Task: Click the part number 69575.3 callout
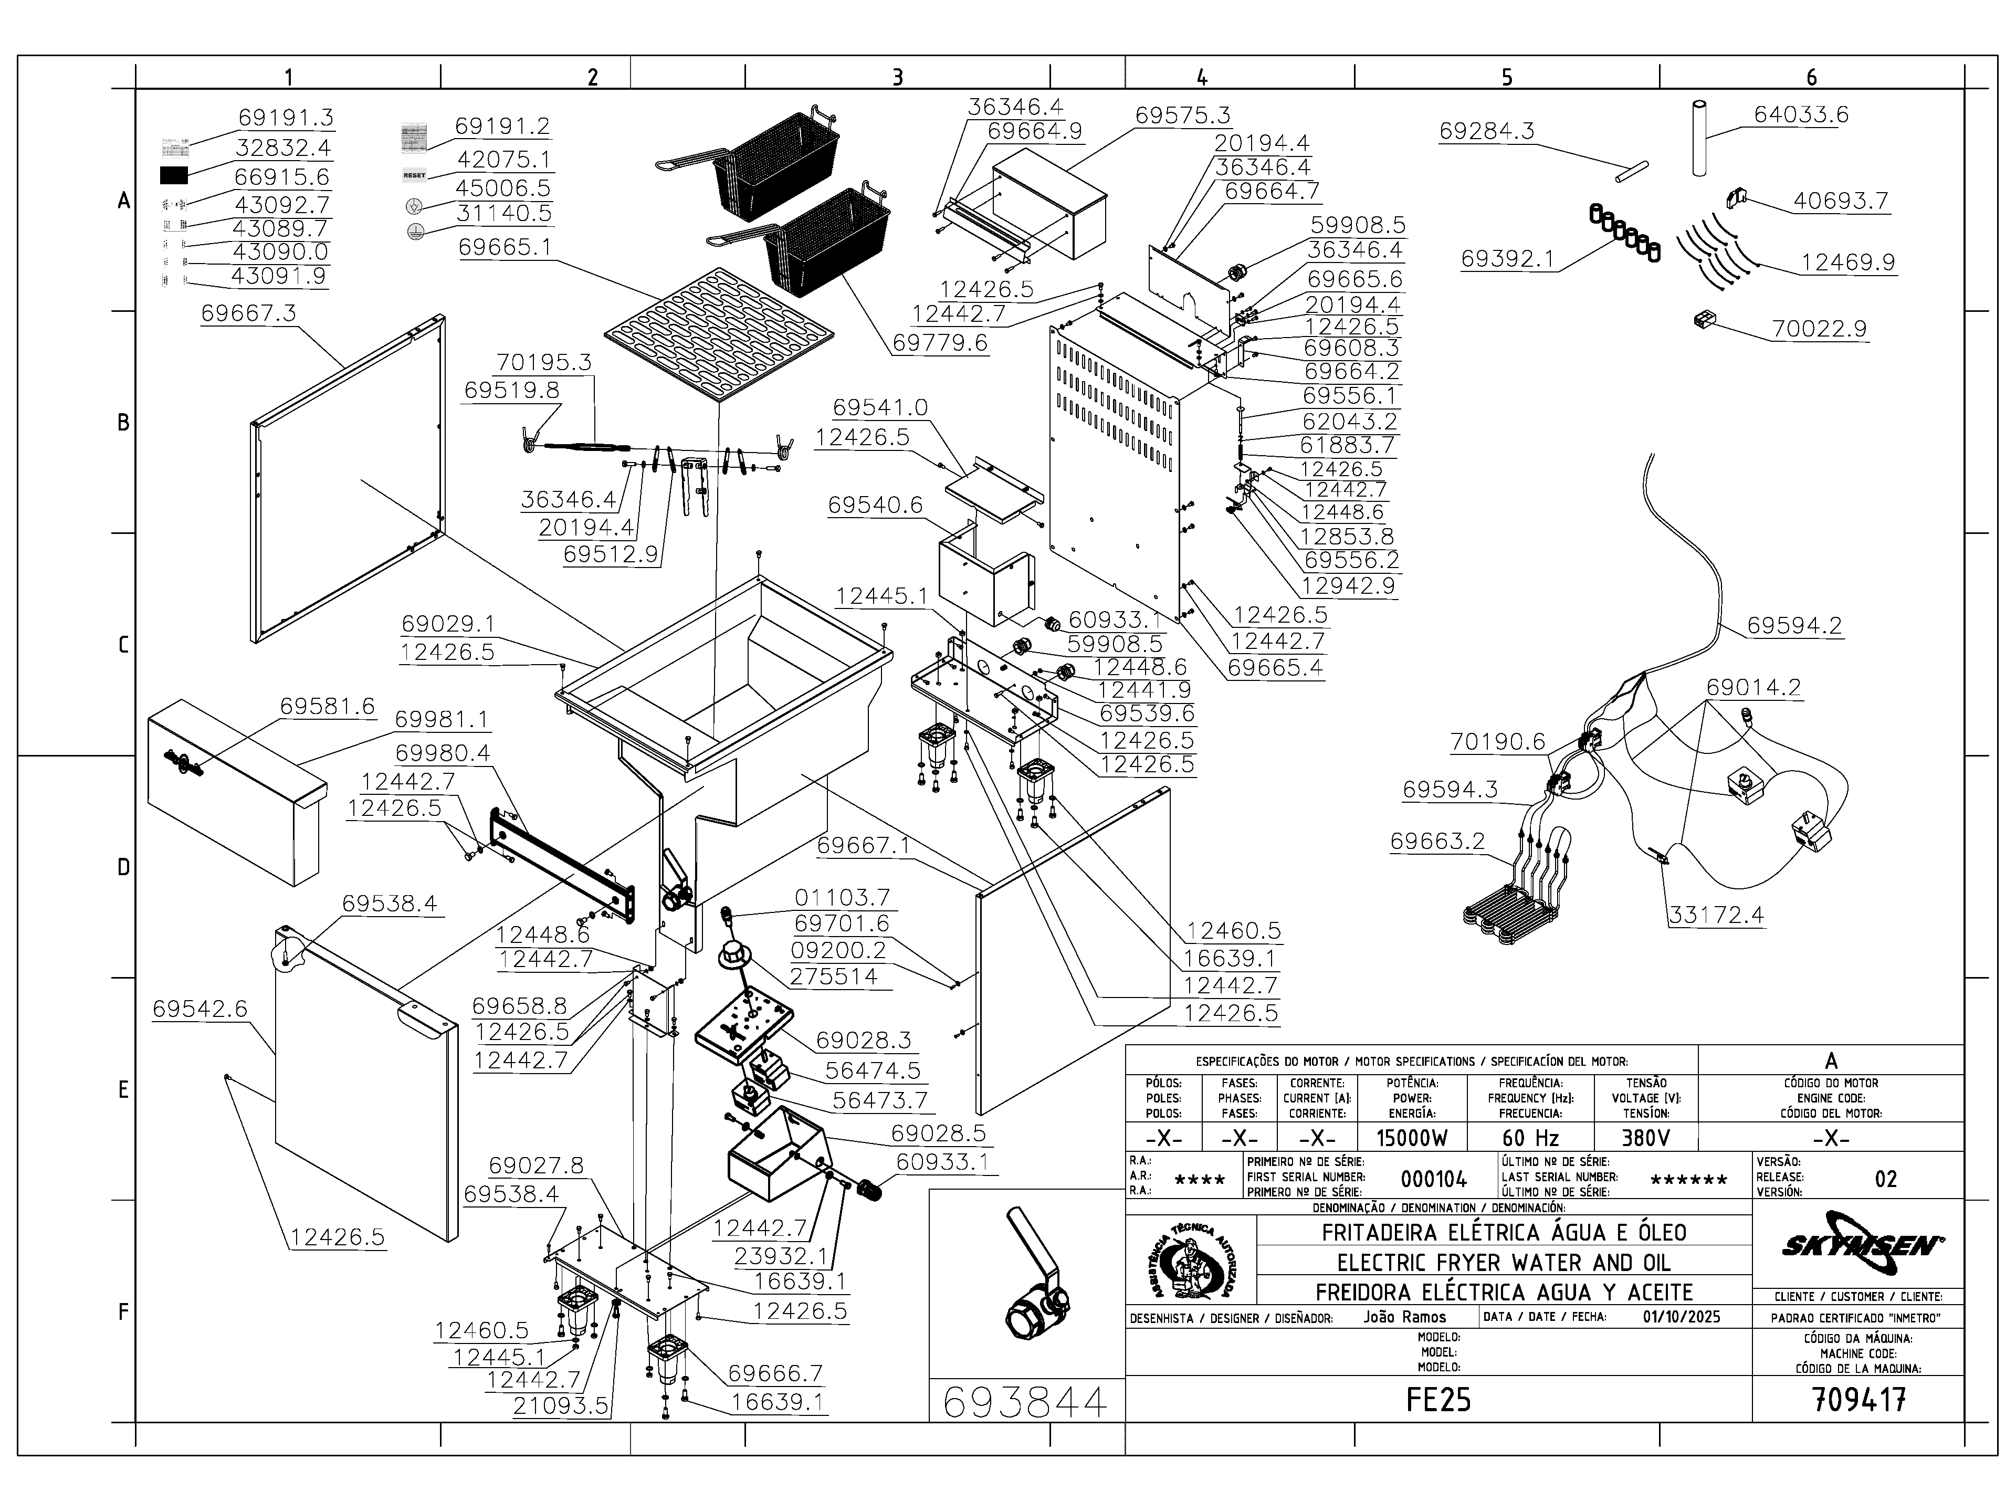click(x=1182, y=115)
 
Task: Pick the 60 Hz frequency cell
click(x=1530, y=1138)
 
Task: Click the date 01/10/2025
click(x=1682, y=1317)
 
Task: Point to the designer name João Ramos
click(x=1404, y=1317)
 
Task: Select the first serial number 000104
click(x=1434, y=1179)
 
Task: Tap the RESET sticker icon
click(x=414, y=175)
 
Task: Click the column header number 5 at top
click(x=1507, y=78)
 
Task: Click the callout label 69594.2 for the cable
click(x=1793, y=626)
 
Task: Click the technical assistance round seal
click(x=1190, y=1262)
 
